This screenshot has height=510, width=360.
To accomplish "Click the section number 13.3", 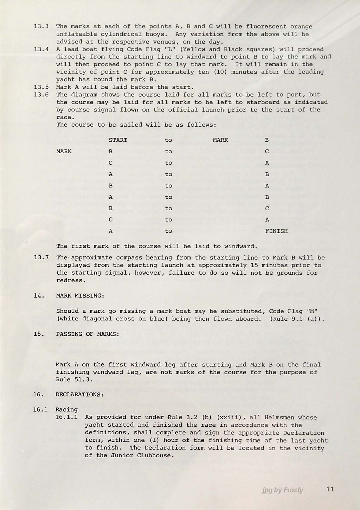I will tap(41, 26).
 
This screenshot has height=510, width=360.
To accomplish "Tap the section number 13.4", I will tap(41, 49).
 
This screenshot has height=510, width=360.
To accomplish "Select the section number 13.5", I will tap(41, 87).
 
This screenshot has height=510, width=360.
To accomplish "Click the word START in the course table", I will tap(118, 140).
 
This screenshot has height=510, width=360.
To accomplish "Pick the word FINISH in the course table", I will tap(276, 231).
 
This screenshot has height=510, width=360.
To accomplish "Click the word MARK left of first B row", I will tap(64, 151).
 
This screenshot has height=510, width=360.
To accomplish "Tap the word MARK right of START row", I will tap(220, 140).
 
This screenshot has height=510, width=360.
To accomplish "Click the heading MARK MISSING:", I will tap(80, 296).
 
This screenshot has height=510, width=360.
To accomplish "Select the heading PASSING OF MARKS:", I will tap(88, 334).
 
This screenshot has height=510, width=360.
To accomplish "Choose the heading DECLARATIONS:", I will tap(79, 395).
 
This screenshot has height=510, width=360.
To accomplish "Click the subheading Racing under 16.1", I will tap(66, 409).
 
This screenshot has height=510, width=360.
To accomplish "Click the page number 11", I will tap(330, 489).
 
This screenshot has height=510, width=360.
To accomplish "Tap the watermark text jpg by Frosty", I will tap(283, 490).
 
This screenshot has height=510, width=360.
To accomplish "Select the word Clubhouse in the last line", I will tap(156, 455).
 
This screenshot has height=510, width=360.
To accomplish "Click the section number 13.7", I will tap(41, 257).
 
